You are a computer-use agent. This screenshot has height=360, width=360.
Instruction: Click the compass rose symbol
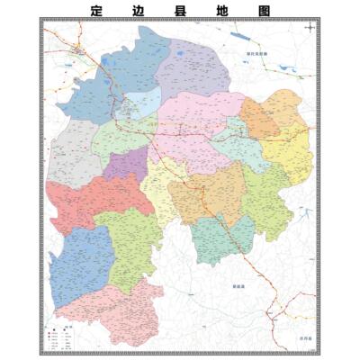(x=310, y=28)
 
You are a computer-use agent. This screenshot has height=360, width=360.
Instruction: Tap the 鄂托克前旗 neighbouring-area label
(x=261, y=53)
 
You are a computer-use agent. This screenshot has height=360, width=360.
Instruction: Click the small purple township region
(x=127, y=164)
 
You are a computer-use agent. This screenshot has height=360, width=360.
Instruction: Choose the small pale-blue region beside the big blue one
(x=141, y=101)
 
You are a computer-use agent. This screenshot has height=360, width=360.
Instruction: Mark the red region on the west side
(x=85, y=202)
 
